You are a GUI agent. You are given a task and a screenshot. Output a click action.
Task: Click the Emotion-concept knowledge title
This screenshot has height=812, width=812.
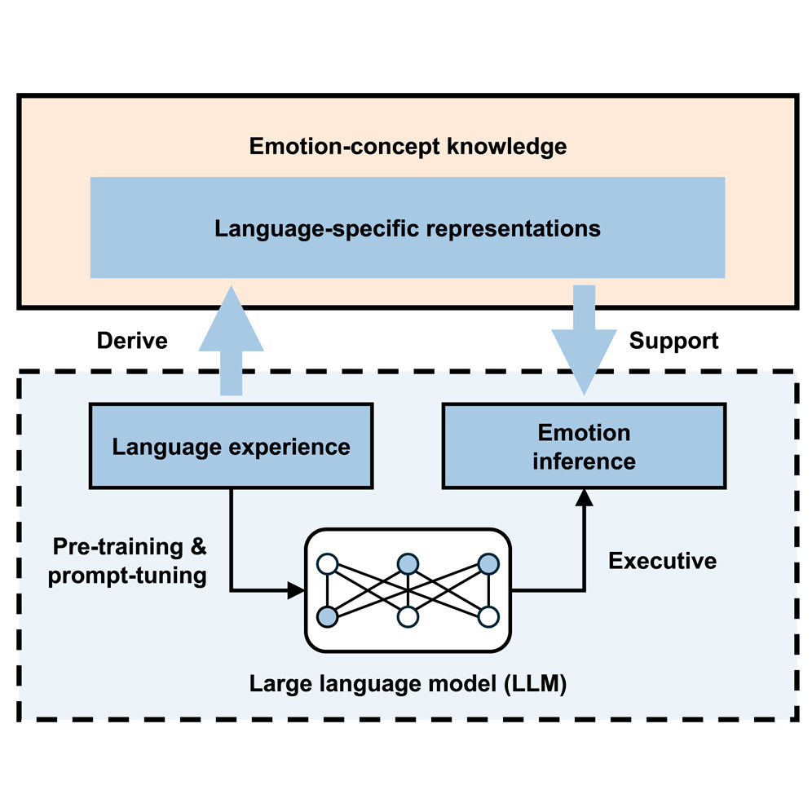click(408, 147)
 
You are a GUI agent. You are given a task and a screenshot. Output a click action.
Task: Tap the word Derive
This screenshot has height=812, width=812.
click(132, 340)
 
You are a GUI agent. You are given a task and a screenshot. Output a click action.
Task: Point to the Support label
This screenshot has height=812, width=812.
click(673, 340)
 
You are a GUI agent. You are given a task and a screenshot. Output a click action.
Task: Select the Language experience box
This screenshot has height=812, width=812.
click(231, 446)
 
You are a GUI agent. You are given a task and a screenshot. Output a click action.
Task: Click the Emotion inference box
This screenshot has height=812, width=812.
click(584, 446)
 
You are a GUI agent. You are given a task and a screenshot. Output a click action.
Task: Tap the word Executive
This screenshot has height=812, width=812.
click(662, 561)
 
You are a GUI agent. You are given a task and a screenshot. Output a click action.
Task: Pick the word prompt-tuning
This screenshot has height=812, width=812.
click(127, 576)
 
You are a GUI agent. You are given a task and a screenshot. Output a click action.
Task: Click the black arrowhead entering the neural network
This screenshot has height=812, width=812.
click(296, 589)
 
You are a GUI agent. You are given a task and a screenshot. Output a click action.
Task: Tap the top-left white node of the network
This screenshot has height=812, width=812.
click(327, 563)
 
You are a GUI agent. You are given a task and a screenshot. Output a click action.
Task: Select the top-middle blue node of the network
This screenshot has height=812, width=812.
click(408, 563)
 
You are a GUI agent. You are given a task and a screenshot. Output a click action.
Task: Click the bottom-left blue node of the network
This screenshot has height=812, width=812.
click(327, 617)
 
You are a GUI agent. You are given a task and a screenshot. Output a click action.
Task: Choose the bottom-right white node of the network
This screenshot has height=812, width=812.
click(488, 617)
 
